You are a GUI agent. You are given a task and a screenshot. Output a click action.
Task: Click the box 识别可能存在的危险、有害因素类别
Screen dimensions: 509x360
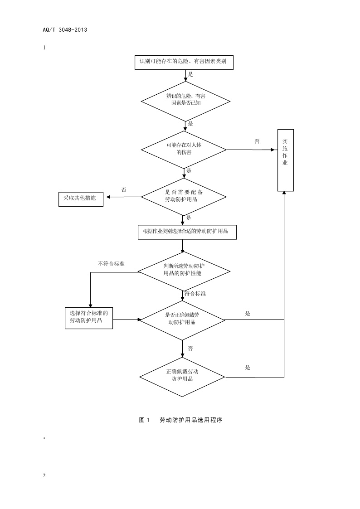tap(184, 63)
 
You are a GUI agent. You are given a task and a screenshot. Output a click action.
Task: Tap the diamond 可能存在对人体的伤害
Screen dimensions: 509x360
tap(184, 149)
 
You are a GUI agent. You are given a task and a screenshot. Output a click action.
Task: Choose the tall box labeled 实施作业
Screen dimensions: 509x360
tap(285, 160)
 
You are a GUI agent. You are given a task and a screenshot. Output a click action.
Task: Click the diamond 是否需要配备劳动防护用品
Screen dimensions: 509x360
tap(184, 196)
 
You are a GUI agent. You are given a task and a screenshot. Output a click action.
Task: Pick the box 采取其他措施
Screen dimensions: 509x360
tap(81, 199)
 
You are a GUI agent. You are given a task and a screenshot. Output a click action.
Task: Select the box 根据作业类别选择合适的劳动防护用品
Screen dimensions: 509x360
tap(186, 232)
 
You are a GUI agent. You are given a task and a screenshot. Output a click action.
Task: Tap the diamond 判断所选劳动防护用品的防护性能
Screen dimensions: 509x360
tap(184, 271)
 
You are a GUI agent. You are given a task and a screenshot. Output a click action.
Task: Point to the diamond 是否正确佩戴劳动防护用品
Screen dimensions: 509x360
tap(182, 319)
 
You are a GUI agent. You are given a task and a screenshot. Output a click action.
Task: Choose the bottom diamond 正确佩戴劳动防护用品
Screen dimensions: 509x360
tap(182, 376)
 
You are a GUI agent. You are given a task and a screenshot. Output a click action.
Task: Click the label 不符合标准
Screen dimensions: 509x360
tap(111, 264)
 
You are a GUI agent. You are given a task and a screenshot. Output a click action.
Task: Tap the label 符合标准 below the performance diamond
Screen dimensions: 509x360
tap(195, 294)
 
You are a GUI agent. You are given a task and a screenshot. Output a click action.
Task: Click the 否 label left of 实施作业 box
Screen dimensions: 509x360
tap(257, 142)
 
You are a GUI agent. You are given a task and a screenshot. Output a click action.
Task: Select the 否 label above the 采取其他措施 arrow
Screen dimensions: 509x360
tap(124, 190)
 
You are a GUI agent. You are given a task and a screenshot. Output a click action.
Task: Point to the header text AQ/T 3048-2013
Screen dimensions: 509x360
tap(65, 30)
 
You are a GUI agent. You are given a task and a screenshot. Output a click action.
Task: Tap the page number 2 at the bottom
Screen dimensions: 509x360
tap(44, 475)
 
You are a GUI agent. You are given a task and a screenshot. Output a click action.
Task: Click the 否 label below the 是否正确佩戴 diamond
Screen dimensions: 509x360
tap(190, 349)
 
